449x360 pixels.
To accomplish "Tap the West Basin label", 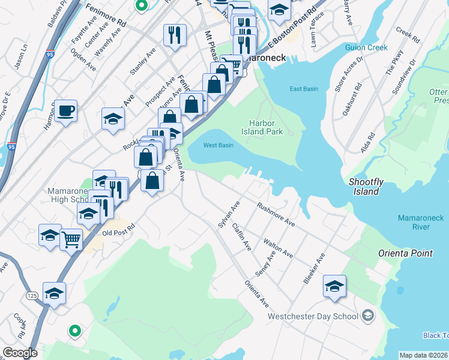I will point(218,145).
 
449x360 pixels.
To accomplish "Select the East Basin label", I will point(304,89).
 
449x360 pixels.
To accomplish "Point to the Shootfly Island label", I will point(365,187).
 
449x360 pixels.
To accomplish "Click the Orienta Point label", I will point(405,253).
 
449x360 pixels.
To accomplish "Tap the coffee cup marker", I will point(66,111).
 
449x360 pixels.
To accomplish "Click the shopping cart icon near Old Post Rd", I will point(71,239).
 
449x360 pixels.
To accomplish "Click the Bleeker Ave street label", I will point(314,268).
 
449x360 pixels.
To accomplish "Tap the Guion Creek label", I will point(367,47).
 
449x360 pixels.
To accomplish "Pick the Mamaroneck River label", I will point(421,222).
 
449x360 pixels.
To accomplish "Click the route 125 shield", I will point(34,296).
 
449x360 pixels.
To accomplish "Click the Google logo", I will point(20,353).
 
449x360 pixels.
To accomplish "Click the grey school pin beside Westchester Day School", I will point(368,316).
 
